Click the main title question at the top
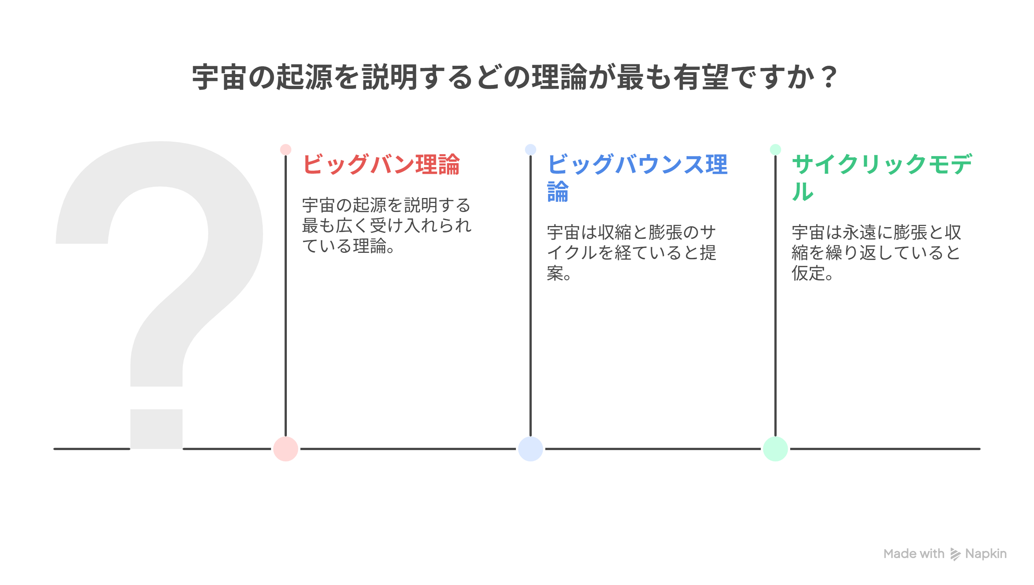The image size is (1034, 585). [515, 77]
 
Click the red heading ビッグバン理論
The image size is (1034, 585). [381, 164]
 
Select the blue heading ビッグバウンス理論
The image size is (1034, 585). [637, 178]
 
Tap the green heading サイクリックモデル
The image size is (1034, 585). [882, 178]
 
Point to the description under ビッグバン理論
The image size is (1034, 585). [387, 225]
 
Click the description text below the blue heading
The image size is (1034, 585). [632, 253]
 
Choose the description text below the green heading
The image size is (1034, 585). [876, 253]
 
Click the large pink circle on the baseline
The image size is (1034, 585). [286, 449]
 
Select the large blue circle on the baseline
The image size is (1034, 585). [530, 449]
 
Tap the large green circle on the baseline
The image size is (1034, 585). [775, 449]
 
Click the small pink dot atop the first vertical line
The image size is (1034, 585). [286, 150]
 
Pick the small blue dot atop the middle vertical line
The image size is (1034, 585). [530, 150]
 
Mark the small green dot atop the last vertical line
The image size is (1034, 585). [775, 150]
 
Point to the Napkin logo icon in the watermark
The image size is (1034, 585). [955, 554]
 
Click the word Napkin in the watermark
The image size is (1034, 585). [986, 554]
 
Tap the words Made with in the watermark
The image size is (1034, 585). [914, 554]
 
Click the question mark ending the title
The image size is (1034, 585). [829, 77]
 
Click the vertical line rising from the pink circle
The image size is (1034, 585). [286, 296]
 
